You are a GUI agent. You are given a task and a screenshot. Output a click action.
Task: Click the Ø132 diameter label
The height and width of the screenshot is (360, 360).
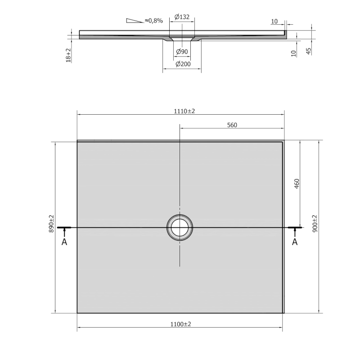click(182, 17)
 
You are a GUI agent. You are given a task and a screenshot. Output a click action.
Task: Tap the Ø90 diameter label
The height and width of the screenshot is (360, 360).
click(182, 52)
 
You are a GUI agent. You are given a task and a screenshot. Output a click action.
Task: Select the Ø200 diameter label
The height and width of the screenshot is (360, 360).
click(183, 64)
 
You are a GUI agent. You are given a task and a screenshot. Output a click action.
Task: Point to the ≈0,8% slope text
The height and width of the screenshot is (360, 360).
click(154, 21)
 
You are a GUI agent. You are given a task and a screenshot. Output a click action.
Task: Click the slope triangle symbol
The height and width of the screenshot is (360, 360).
click(135, 21)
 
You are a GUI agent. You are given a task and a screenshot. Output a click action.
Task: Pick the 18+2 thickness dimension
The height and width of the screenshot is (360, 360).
click(68, 55)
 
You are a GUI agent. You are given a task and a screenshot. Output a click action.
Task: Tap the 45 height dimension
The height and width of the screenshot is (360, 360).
click(309, 51)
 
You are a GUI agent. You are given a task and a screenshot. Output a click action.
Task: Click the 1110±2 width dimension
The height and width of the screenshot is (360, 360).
click(184, 111)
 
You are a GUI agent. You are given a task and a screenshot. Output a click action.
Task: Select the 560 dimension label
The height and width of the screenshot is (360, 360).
click(232, 125)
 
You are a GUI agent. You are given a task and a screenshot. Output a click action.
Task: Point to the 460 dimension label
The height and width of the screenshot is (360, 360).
click(297, 184)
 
